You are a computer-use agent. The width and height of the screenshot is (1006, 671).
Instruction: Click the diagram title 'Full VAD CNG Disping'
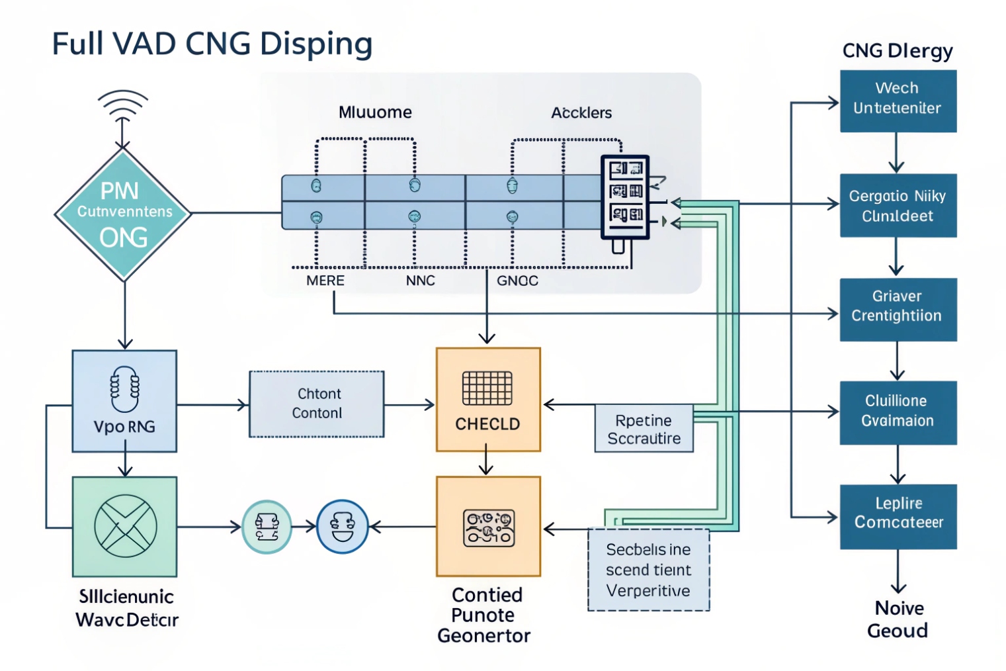212,44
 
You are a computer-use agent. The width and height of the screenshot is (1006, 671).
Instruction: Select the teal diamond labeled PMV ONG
123,214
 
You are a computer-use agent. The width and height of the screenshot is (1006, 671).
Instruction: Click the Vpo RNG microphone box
124,401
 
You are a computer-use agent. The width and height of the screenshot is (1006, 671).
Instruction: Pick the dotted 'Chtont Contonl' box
317,404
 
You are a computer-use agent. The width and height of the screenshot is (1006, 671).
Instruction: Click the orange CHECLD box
488,400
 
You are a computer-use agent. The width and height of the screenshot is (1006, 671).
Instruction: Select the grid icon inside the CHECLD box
487,388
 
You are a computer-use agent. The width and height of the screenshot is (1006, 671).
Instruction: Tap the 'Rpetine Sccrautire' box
644,429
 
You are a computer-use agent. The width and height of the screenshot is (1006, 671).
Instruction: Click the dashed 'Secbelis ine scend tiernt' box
648,570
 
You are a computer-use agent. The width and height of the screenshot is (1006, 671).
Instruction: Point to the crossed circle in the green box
126,527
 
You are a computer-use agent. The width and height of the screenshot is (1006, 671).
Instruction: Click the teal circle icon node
267,527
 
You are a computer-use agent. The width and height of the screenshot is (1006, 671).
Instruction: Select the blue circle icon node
343,527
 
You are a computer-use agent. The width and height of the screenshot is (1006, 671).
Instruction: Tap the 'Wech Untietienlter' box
898,101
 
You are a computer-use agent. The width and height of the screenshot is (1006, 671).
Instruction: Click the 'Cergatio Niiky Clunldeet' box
898,205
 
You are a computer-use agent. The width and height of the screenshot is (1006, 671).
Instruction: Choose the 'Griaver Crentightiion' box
898,309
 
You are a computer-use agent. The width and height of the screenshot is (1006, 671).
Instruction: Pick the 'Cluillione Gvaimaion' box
898,412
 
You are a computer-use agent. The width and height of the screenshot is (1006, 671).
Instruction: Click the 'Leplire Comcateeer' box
898,516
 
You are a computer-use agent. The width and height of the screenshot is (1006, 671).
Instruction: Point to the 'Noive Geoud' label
898,619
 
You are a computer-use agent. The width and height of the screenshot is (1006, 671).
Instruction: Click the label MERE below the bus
325,281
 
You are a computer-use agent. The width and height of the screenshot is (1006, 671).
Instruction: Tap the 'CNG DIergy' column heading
898,51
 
